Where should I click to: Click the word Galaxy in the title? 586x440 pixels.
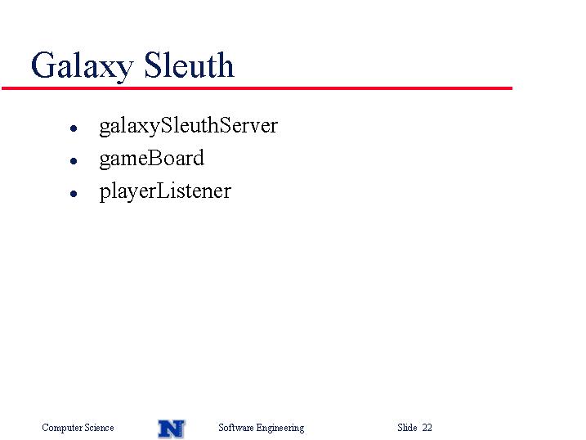(x=83, y=66)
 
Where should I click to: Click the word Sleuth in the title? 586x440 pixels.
(x=189, y=65)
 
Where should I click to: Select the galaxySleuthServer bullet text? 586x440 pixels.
(x=188, y=126)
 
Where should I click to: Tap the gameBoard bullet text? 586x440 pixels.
(x=152, y=159)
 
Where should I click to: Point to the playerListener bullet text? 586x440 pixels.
(x=165, y=191)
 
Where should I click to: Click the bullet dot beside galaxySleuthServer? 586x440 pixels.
(x=74, y=128)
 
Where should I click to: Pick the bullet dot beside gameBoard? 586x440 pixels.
(x=74, y=161)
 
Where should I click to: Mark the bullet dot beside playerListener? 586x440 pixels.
(x=74, y=194)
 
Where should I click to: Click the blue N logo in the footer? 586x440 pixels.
(x=172, y=429)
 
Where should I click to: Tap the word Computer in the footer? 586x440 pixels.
(x=62, y=428)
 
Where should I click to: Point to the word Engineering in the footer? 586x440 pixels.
(x=280, y=428)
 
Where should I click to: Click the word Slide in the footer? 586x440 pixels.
(x=407, y=427)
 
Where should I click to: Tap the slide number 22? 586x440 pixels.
(x=427, y=427)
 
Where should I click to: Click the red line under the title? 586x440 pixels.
(x=257, y=88)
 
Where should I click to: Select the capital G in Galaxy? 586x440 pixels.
(x=42, y=65)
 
